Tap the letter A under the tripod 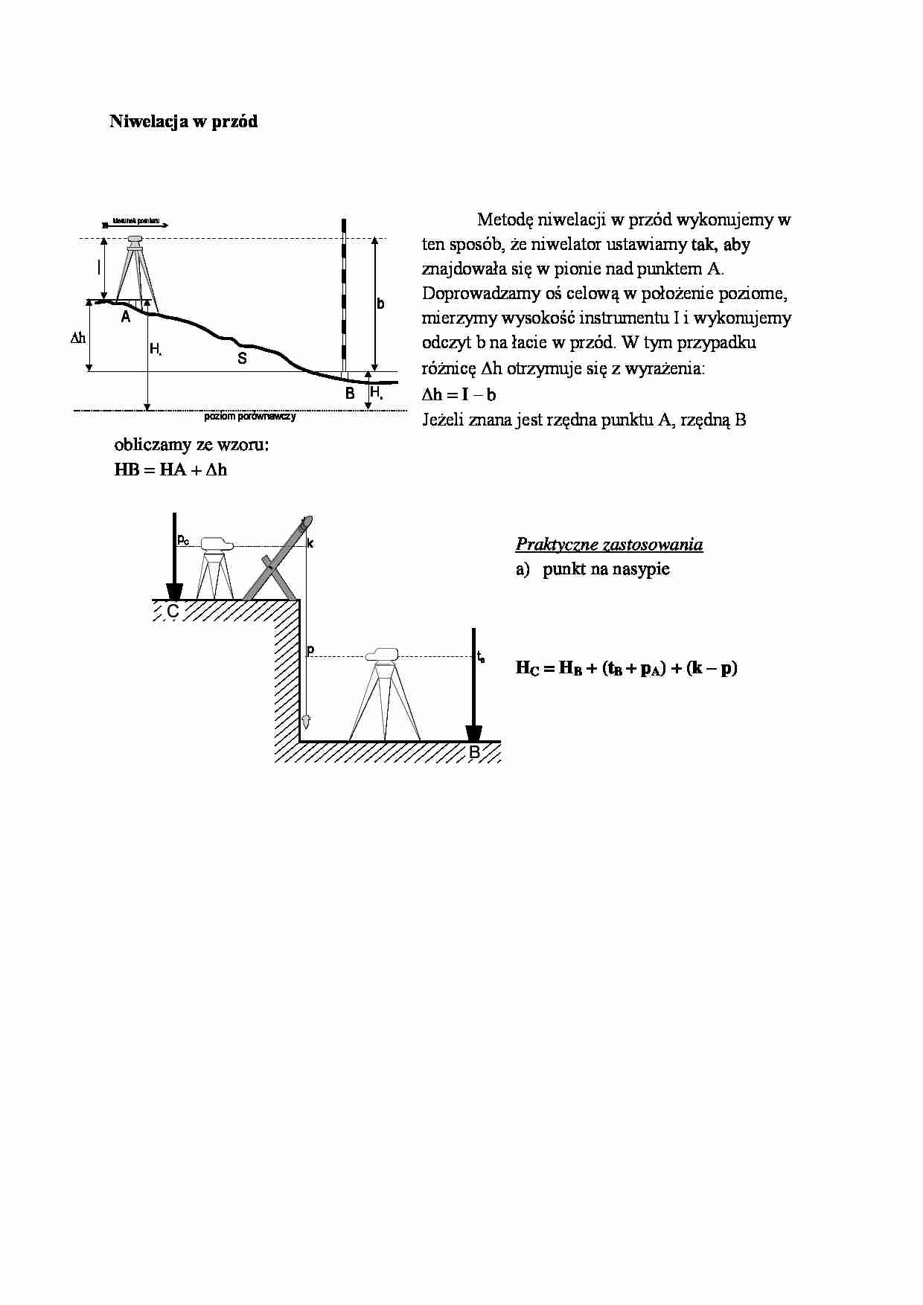point(126,317)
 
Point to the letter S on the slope point(242,359)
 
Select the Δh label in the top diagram point(78,338)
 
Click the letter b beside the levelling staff point(380,304)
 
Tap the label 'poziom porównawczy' point(250,417)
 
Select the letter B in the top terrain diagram point(350,394)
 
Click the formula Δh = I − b point(459,395)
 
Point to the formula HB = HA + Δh point(170,470)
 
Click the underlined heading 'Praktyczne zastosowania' point(609,545)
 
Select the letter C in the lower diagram point(173,612)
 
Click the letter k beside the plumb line point(310,544)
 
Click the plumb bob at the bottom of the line point(305,721)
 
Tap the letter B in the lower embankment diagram point(475,753)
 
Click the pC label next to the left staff point(183,539)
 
